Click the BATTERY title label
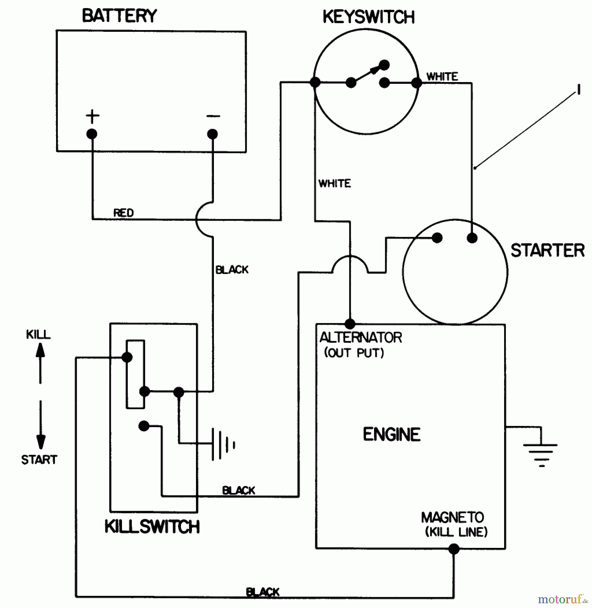(119, 16)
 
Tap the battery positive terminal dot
(92, 134)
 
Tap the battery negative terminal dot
(212, 134)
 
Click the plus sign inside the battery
(92, 117)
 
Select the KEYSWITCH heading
(368, 17)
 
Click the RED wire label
(123, 213)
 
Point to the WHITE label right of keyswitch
(442, 77)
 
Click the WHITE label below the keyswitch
(335, 183)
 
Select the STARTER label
(547, 251)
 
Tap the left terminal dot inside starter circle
(437, 238)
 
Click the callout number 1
(579, 90)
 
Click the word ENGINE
(392, 434)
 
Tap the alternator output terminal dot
(350, 324)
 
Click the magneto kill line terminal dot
(454, 549)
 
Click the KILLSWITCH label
(152, 527)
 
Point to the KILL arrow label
(38, 334)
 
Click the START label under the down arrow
(39, 460)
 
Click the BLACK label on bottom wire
(263, 592)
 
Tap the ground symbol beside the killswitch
(223, 444)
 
